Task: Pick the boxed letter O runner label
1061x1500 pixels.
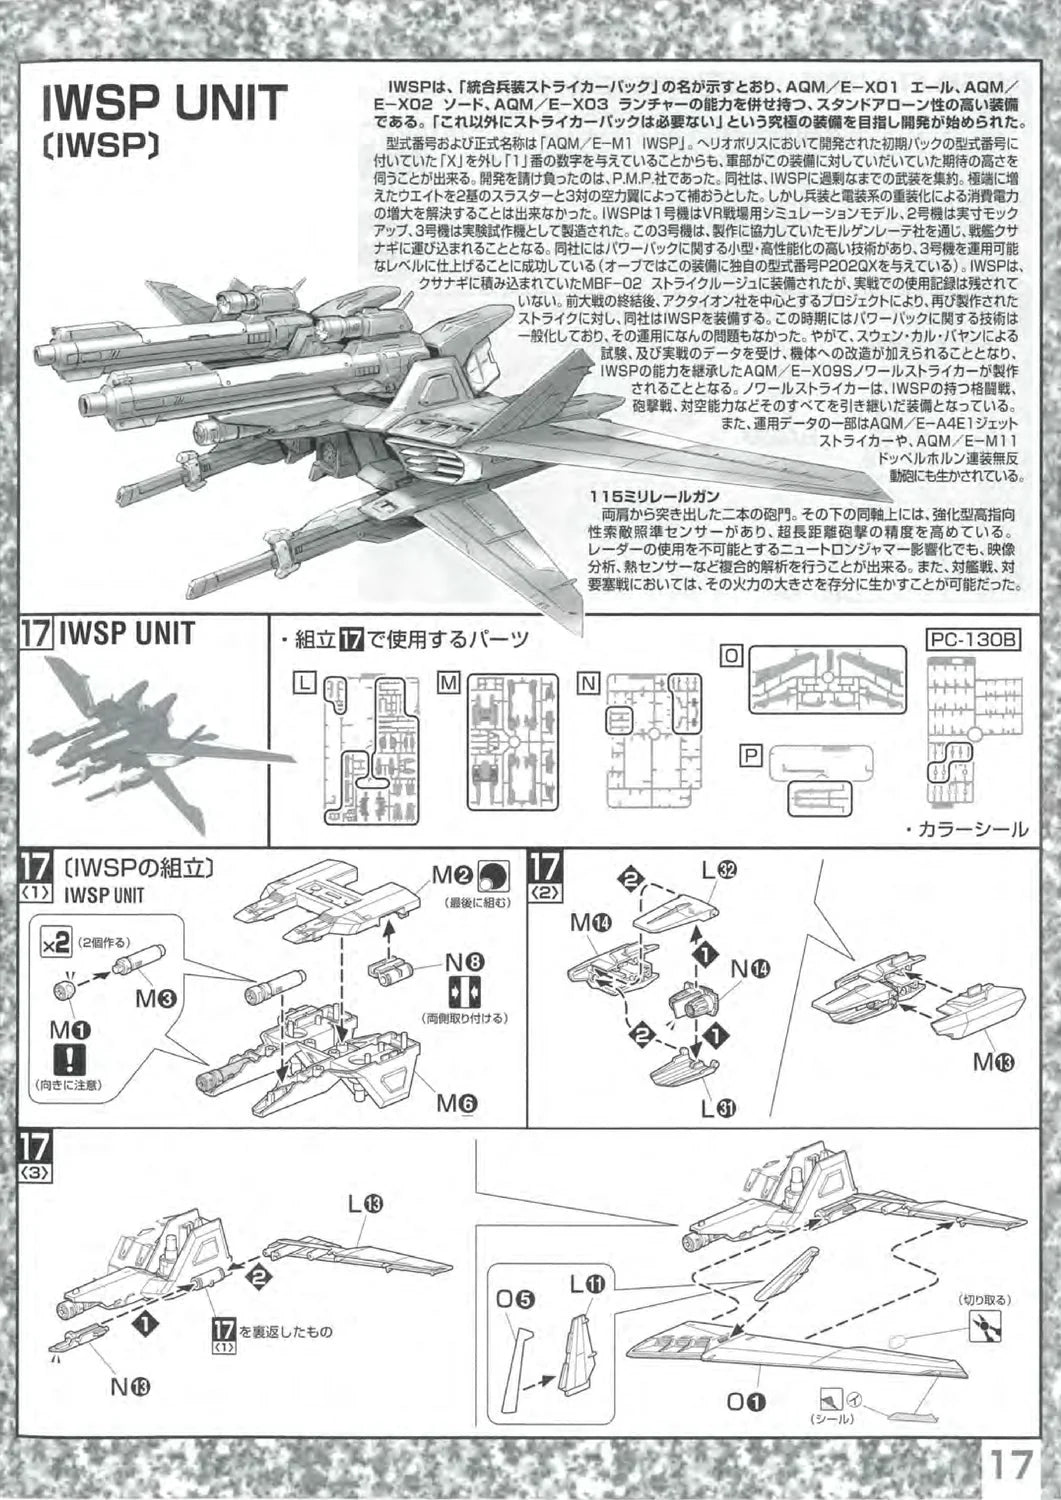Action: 732,655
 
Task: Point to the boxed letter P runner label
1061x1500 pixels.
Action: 750,756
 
